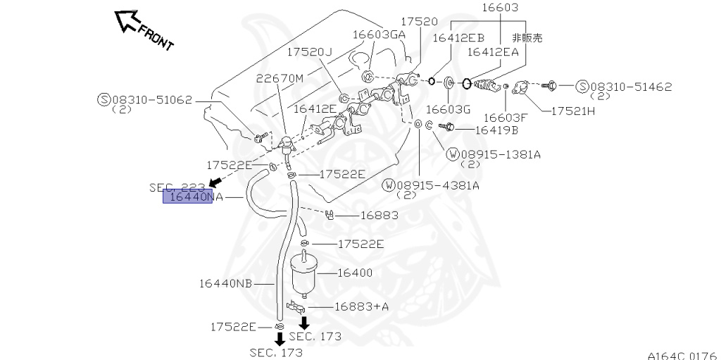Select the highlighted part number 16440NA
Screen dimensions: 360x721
[x=188, y=197]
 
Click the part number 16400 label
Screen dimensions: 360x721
[x=355, y=273]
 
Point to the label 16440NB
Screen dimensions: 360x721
[x=225, y=283]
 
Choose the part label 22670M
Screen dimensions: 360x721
[x=280, y=78]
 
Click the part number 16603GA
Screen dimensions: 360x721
[x=379, y=34]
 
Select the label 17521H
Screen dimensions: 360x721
[x=572, y=111]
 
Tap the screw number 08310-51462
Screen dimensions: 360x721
[x=631, y=87]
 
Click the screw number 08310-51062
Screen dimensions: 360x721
[x=151, y=100]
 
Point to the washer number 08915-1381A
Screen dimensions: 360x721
[x=499, y=154]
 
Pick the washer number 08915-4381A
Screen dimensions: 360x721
[x=437, y=185]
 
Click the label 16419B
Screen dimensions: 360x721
[x=496, y=130]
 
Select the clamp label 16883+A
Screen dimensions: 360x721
[x=361, y=306]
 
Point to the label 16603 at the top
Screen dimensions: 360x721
[x=500, y=8]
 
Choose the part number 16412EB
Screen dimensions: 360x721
[x=458, y=38]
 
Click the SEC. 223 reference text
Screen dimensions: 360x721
[x=177, y=187]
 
